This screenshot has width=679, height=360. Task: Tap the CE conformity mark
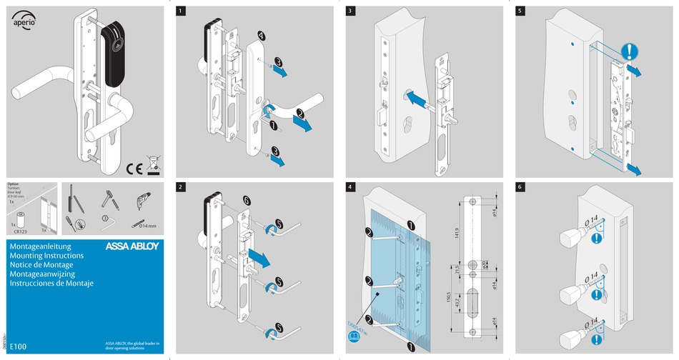(135, 169)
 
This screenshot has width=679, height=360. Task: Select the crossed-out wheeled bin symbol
(153, 165)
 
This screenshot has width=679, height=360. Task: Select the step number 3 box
(351, 12)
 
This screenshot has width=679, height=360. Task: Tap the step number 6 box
(520, 187)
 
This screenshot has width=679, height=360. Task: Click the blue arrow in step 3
(418, 99)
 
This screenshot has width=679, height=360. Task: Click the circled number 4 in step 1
(262, 35)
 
